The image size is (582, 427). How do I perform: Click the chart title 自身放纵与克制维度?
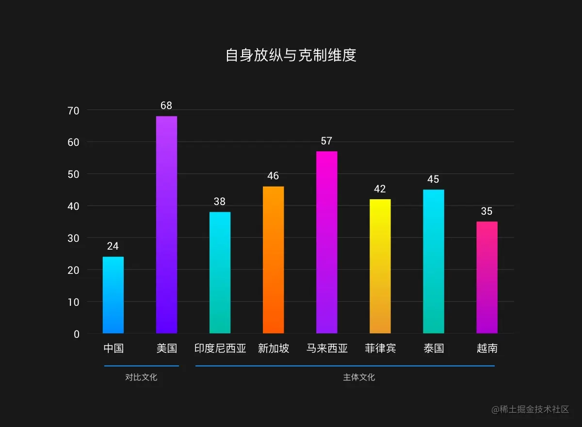291,55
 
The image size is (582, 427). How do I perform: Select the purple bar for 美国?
166,225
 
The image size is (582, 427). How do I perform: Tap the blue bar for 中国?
113,295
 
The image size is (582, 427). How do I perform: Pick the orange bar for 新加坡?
273,260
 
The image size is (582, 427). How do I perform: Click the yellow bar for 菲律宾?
380,266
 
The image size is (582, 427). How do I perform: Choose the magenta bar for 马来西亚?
326,242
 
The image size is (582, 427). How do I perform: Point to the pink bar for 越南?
486,277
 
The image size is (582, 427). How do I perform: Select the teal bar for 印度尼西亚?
220,272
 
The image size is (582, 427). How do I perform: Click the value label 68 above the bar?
166,106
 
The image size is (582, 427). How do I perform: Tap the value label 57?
326,141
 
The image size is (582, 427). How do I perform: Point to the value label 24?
113,246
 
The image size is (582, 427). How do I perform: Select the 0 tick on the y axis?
77,334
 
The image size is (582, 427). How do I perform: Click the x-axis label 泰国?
433,348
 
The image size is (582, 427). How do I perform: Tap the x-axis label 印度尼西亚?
220,348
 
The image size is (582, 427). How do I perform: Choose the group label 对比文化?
141,377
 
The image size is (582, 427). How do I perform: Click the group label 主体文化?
359,377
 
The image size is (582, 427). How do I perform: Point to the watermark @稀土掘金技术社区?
530,410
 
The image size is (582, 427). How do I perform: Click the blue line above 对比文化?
141,365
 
